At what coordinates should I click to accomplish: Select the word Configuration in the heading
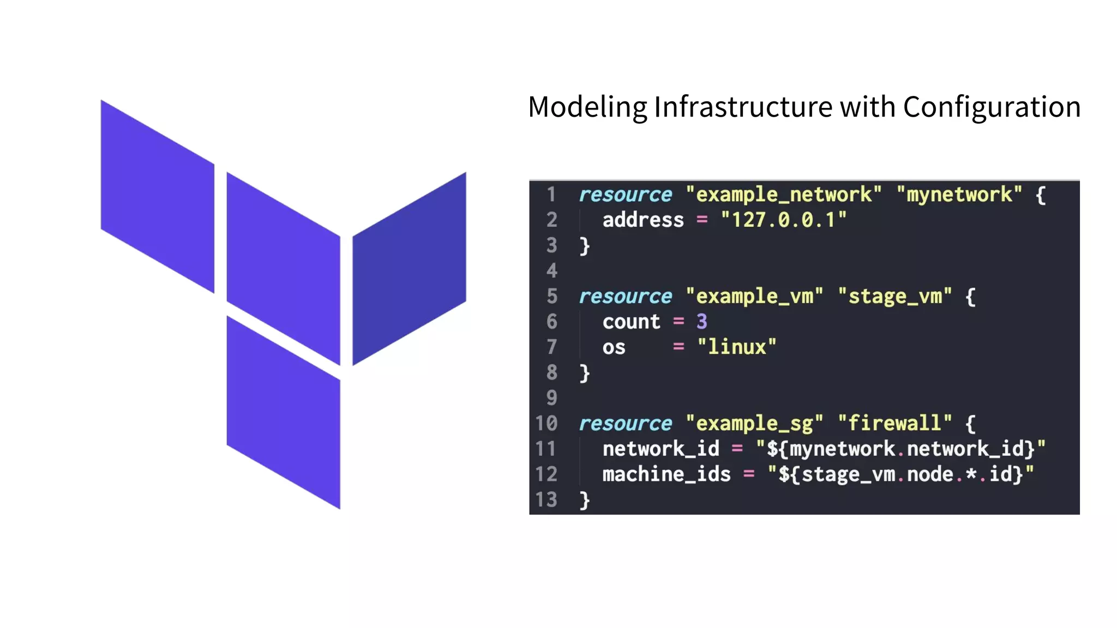992,107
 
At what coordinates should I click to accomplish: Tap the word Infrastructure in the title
743,107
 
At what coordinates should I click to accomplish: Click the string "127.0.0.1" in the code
783,220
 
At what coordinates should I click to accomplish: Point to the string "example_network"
783,195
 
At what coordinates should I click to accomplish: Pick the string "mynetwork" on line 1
959,195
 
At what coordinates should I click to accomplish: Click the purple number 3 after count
701,322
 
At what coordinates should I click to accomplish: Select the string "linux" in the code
736,347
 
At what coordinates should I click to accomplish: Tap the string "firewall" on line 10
894,423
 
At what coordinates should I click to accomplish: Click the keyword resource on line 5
625,296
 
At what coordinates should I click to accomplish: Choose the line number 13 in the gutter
546,499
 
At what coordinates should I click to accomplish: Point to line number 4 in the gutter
551,270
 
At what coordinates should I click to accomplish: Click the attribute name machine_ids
666,474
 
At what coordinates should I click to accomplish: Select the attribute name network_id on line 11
660,449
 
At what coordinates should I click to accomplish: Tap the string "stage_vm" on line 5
894,296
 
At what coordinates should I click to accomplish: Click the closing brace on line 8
585,373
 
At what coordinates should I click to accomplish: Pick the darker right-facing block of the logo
409,269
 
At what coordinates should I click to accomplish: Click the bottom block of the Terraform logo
283,413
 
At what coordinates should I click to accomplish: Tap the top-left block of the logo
158,196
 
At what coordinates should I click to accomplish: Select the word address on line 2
642,220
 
